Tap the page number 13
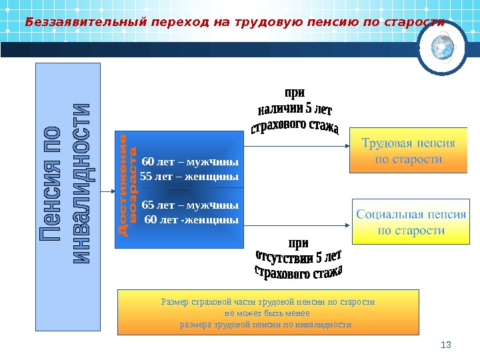447,344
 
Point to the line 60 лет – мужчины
190,161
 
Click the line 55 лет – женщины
189,177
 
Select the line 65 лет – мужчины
190,204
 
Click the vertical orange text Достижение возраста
127,184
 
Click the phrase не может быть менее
267,313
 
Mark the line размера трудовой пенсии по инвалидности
267,324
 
